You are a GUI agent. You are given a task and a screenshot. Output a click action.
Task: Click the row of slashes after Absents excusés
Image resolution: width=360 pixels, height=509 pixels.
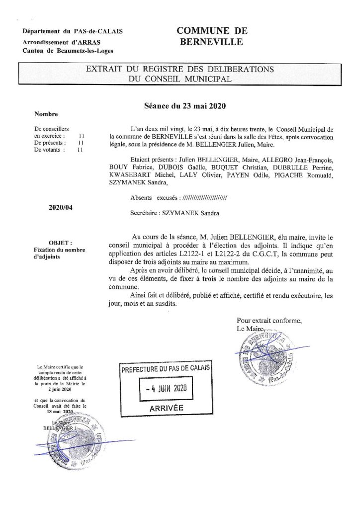click(x=205, y=198)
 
